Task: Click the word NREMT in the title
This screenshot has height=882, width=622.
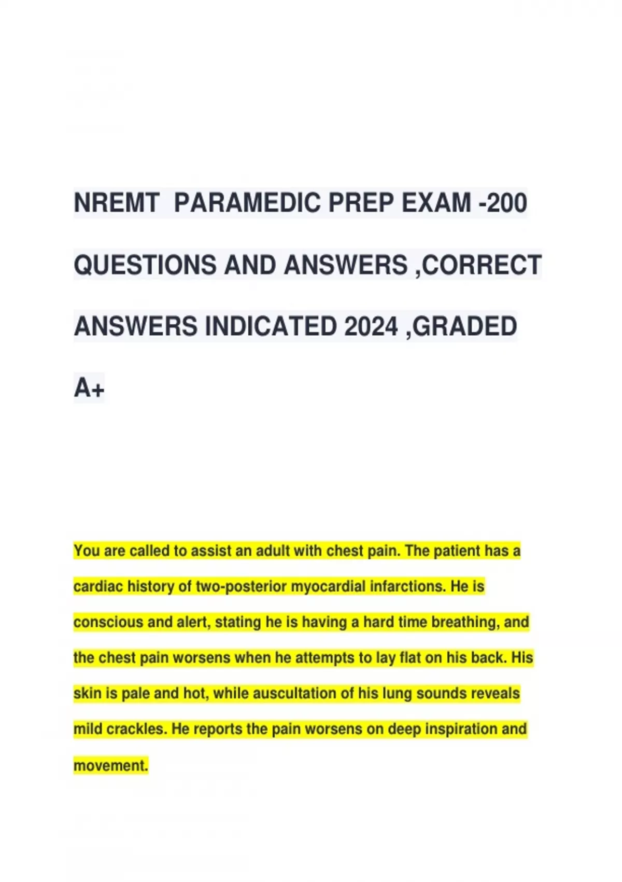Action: tap(116, 203)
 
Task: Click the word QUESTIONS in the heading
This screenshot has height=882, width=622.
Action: tap(145, 265)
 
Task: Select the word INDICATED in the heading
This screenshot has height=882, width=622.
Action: tap(270, 327)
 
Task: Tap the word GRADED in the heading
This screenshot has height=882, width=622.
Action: tap(464, 327)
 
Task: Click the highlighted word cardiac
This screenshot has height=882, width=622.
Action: tap(98, 587)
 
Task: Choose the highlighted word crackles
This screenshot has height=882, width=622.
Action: tap(137, 729)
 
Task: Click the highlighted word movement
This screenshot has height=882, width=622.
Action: tap(111, 766)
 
